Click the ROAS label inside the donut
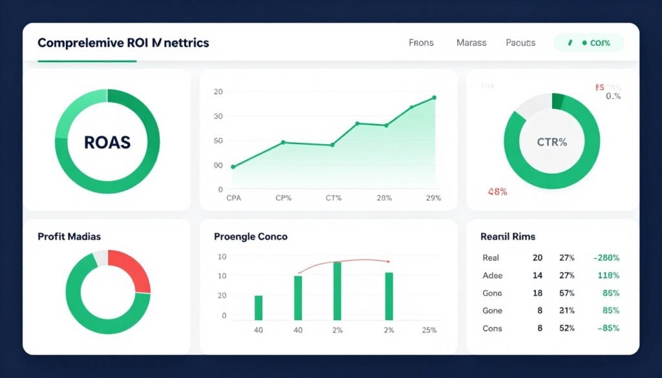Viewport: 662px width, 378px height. [x=107, y=142]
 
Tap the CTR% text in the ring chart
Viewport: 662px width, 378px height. [x=551, y=142]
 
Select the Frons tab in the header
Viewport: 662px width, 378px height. [x=421, y=43]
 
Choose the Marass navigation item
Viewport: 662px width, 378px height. [x=471, y=43]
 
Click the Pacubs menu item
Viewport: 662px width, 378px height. [x=520, y=43]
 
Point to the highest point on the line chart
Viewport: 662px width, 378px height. [x=434, y=98]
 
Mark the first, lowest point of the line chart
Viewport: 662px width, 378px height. [x=233, y=167]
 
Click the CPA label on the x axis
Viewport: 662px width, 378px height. [x=233, y=198]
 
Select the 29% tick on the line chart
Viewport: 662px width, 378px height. [x=433, y=198]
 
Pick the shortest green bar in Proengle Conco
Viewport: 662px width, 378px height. [x=259, y=308]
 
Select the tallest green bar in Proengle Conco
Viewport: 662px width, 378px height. [x=337, y=291]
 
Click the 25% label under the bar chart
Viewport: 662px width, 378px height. [x=428, y=330]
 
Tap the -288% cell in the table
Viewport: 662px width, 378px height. [x=606, y=257]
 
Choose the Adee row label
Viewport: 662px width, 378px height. [x=492, y=275]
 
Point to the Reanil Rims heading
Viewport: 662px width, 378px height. [x=507, y=236]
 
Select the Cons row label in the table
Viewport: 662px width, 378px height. [x=492, y=328]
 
